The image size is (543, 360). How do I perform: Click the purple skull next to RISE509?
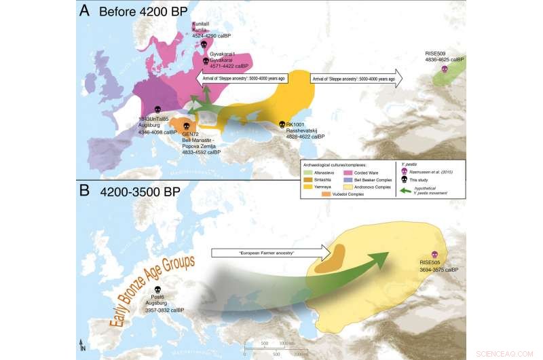click(445, 69)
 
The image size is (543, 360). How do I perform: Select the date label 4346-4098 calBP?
click(158, 132)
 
